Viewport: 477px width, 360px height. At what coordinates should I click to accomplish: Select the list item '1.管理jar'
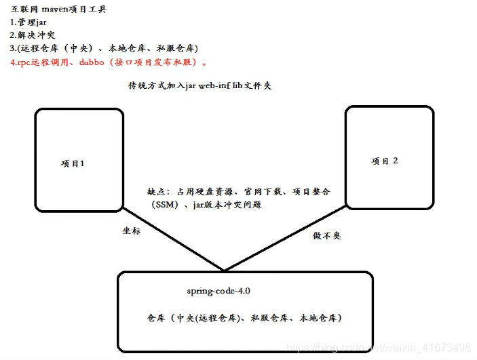pos(28,22)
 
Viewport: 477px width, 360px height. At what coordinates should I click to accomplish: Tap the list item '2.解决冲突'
pos(32,35)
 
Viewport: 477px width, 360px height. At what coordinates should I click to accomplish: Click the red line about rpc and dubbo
pos(109,62)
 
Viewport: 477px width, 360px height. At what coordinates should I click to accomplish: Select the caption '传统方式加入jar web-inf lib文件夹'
pos(200,86)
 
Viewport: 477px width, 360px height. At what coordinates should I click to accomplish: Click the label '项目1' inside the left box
pos(73,163)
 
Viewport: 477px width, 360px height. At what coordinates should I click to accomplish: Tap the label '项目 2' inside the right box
pos(385,161)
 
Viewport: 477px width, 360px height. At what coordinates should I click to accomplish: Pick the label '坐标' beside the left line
pos(132,231)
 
